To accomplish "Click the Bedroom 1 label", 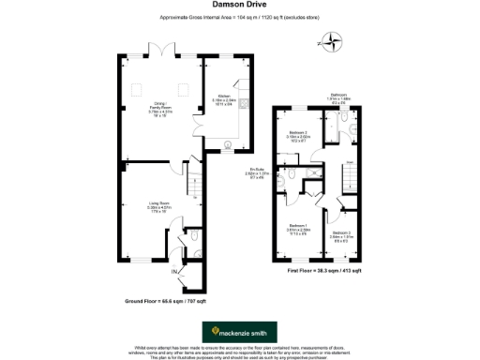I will point(299,229).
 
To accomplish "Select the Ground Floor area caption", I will point(156,303).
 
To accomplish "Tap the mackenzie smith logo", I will point(240,331).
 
